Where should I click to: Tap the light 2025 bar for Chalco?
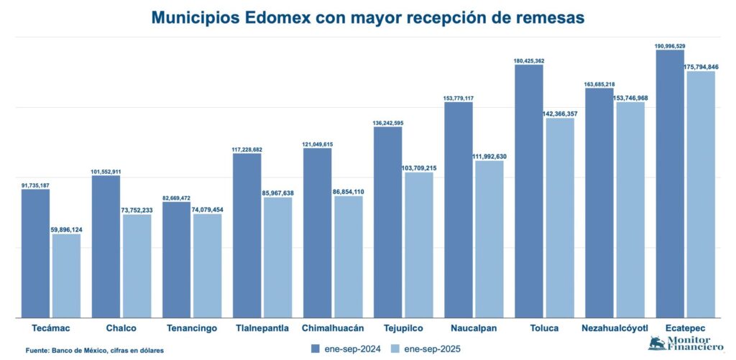(x=137, y=266)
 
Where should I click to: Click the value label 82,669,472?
(x=176, y=198)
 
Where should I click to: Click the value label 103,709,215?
(x=419, y=167)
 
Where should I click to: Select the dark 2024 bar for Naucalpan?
(x=458, y=209)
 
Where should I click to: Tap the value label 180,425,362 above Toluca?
(x=528, y=61)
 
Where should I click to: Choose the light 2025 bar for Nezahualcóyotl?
(x=630, y=209)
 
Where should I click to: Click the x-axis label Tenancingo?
(x=191, y=328)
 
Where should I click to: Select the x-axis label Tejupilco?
(x=402, y=328)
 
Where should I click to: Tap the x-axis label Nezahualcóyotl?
(x=615, y=328)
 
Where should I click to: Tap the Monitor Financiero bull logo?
(x=657, y=343)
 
